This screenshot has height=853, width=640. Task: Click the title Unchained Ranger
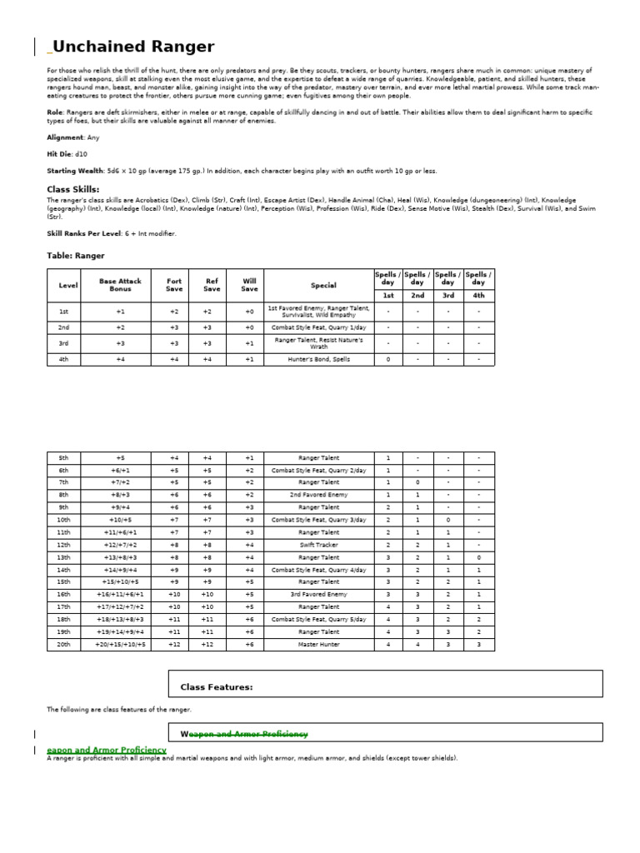(133, 47)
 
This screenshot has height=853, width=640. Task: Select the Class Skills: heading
(73, 189)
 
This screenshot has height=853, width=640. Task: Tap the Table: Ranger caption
(76, 256)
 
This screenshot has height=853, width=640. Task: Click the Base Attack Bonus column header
(120, 285)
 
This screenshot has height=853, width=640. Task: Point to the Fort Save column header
(174, 285)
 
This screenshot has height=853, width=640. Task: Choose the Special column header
(323, 285)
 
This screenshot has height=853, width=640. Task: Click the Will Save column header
(249, 285)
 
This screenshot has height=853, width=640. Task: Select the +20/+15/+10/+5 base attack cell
(120, 645)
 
